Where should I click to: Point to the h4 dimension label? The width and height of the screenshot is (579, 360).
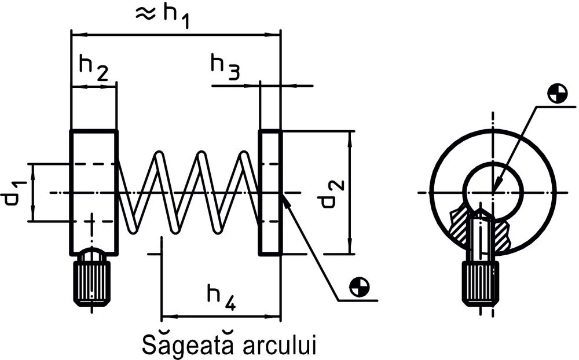point(221,296)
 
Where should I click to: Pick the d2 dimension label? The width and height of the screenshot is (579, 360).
point(335,192)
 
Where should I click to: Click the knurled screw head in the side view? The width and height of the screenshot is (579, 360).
point(92,282)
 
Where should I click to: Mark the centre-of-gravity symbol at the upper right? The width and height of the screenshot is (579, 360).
point(556,93)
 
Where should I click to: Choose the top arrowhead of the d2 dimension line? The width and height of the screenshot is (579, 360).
point(350,135)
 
